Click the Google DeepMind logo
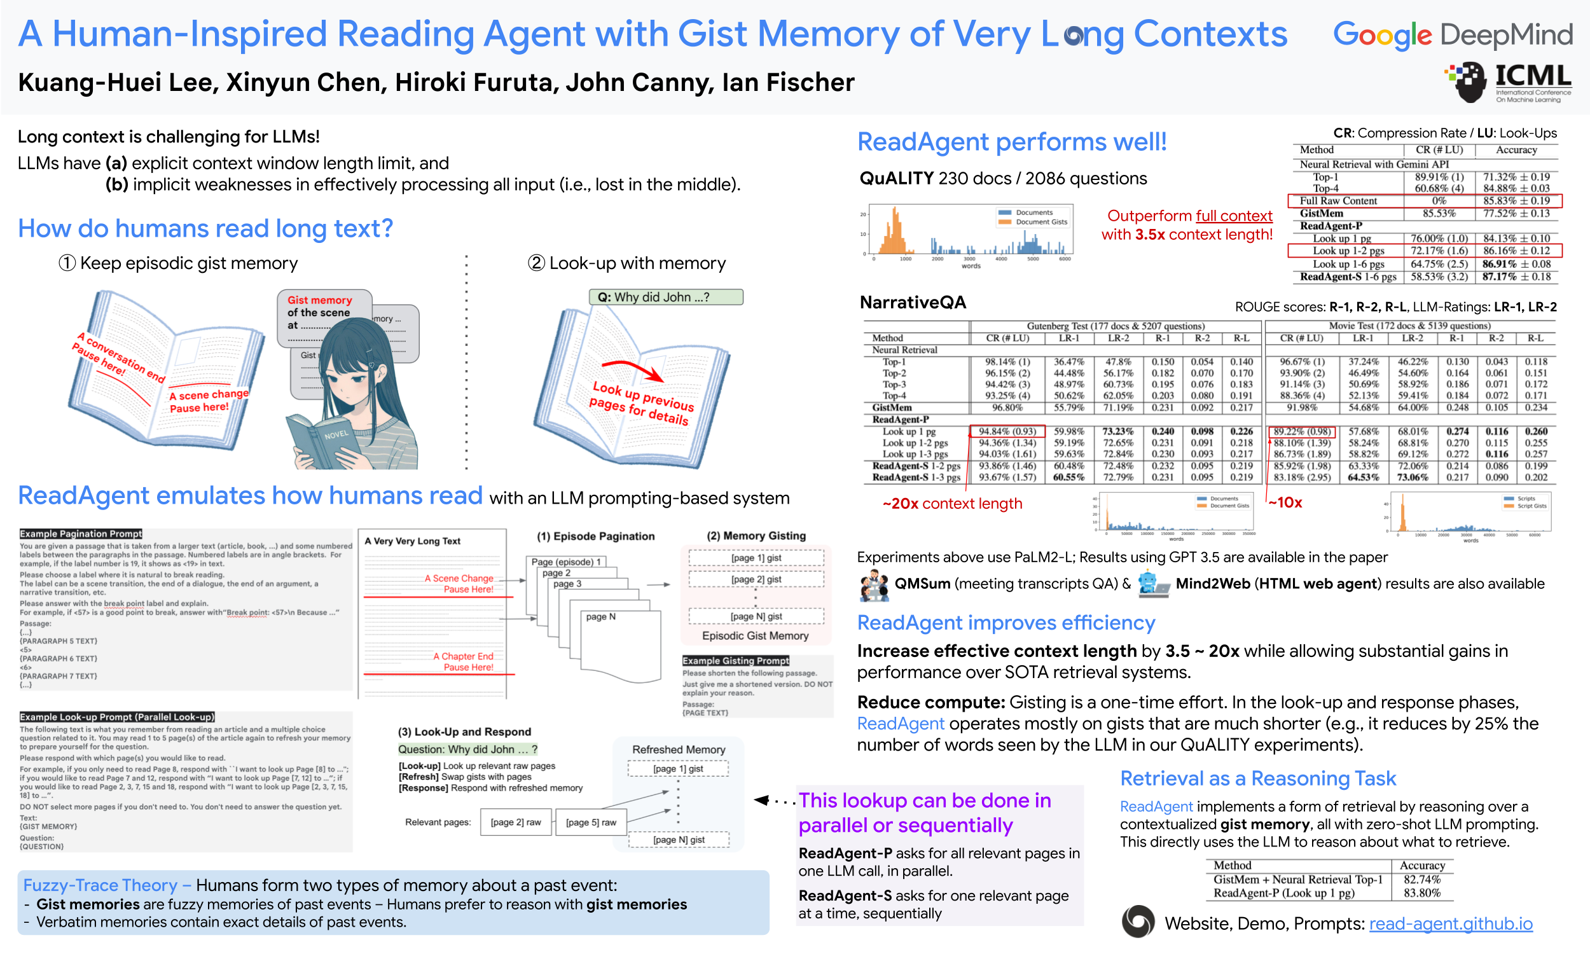(x=1452, y=35)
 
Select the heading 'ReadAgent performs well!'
(x=1012, y=141)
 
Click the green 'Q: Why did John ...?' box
(x=666, y=297)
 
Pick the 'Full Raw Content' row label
(x=1338, y=200)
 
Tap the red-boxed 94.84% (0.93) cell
(x=1007, y=431)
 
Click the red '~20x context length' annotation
(x=952, y=503)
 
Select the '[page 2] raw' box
(x=515, y=822)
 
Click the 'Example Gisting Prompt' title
(x=735, y=660)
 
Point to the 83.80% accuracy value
(x=1421, y=893)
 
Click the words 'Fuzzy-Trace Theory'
(x=100, y=885)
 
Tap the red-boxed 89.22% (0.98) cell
(x=1301, y=431)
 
